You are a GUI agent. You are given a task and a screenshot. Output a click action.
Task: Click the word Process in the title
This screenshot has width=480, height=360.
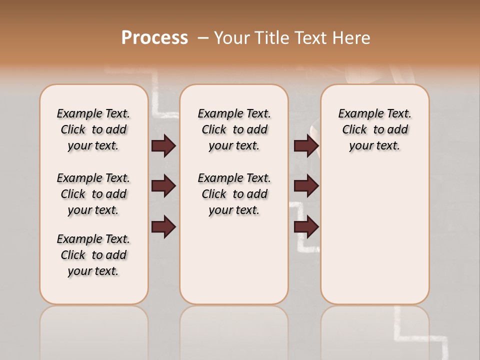[154, 37]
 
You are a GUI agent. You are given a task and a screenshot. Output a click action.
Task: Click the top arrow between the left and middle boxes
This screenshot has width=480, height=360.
[163, 146]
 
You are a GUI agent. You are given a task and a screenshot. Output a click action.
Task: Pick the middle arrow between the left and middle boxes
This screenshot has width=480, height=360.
[163, 186]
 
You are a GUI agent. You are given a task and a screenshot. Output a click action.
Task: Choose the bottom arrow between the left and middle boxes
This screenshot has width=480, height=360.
[163, 227]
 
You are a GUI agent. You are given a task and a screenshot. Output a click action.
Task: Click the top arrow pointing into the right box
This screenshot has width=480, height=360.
[306, 146]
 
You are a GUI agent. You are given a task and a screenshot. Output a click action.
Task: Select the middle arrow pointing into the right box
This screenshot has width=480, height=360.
[306, 186]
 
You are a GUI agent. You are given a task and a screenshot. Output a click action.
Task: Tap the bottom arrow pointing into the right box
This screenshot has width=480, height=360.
[306, 227]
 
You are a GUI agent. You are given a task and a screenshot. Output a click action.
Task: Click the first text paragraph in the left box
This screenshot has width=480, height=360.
[93, 129]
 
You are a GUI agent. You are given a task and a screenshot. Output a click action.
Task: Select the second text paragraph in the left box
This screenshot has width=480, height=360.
[93, 194]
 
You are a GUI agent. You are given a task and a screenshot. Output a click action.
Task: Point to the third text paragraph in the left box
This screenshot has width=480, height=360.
[93, 255]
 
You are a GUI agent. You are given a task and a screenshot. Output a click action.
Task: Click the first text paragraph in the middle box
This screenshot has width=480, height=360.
[234, 129]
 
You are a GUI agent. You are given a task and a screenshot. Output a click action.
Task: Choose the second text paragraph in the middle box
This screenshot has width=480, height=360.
[234, 194]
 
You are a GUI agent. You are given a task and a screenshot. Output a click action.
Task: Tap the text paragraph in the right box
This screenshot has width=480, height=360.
[375, 129]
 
